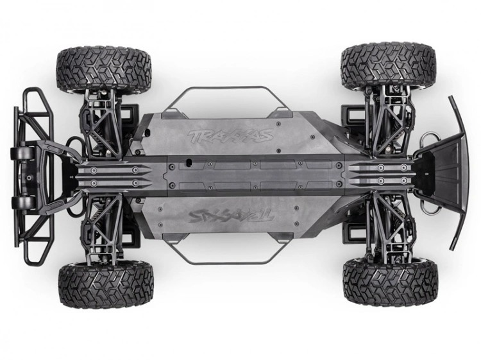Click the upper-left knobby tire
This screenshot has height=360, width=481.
pos(104,67)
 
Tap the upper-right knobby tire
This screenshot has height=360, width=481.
pos(389,66)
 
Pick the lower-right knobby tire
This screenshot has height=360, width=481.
pos(390,282)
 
